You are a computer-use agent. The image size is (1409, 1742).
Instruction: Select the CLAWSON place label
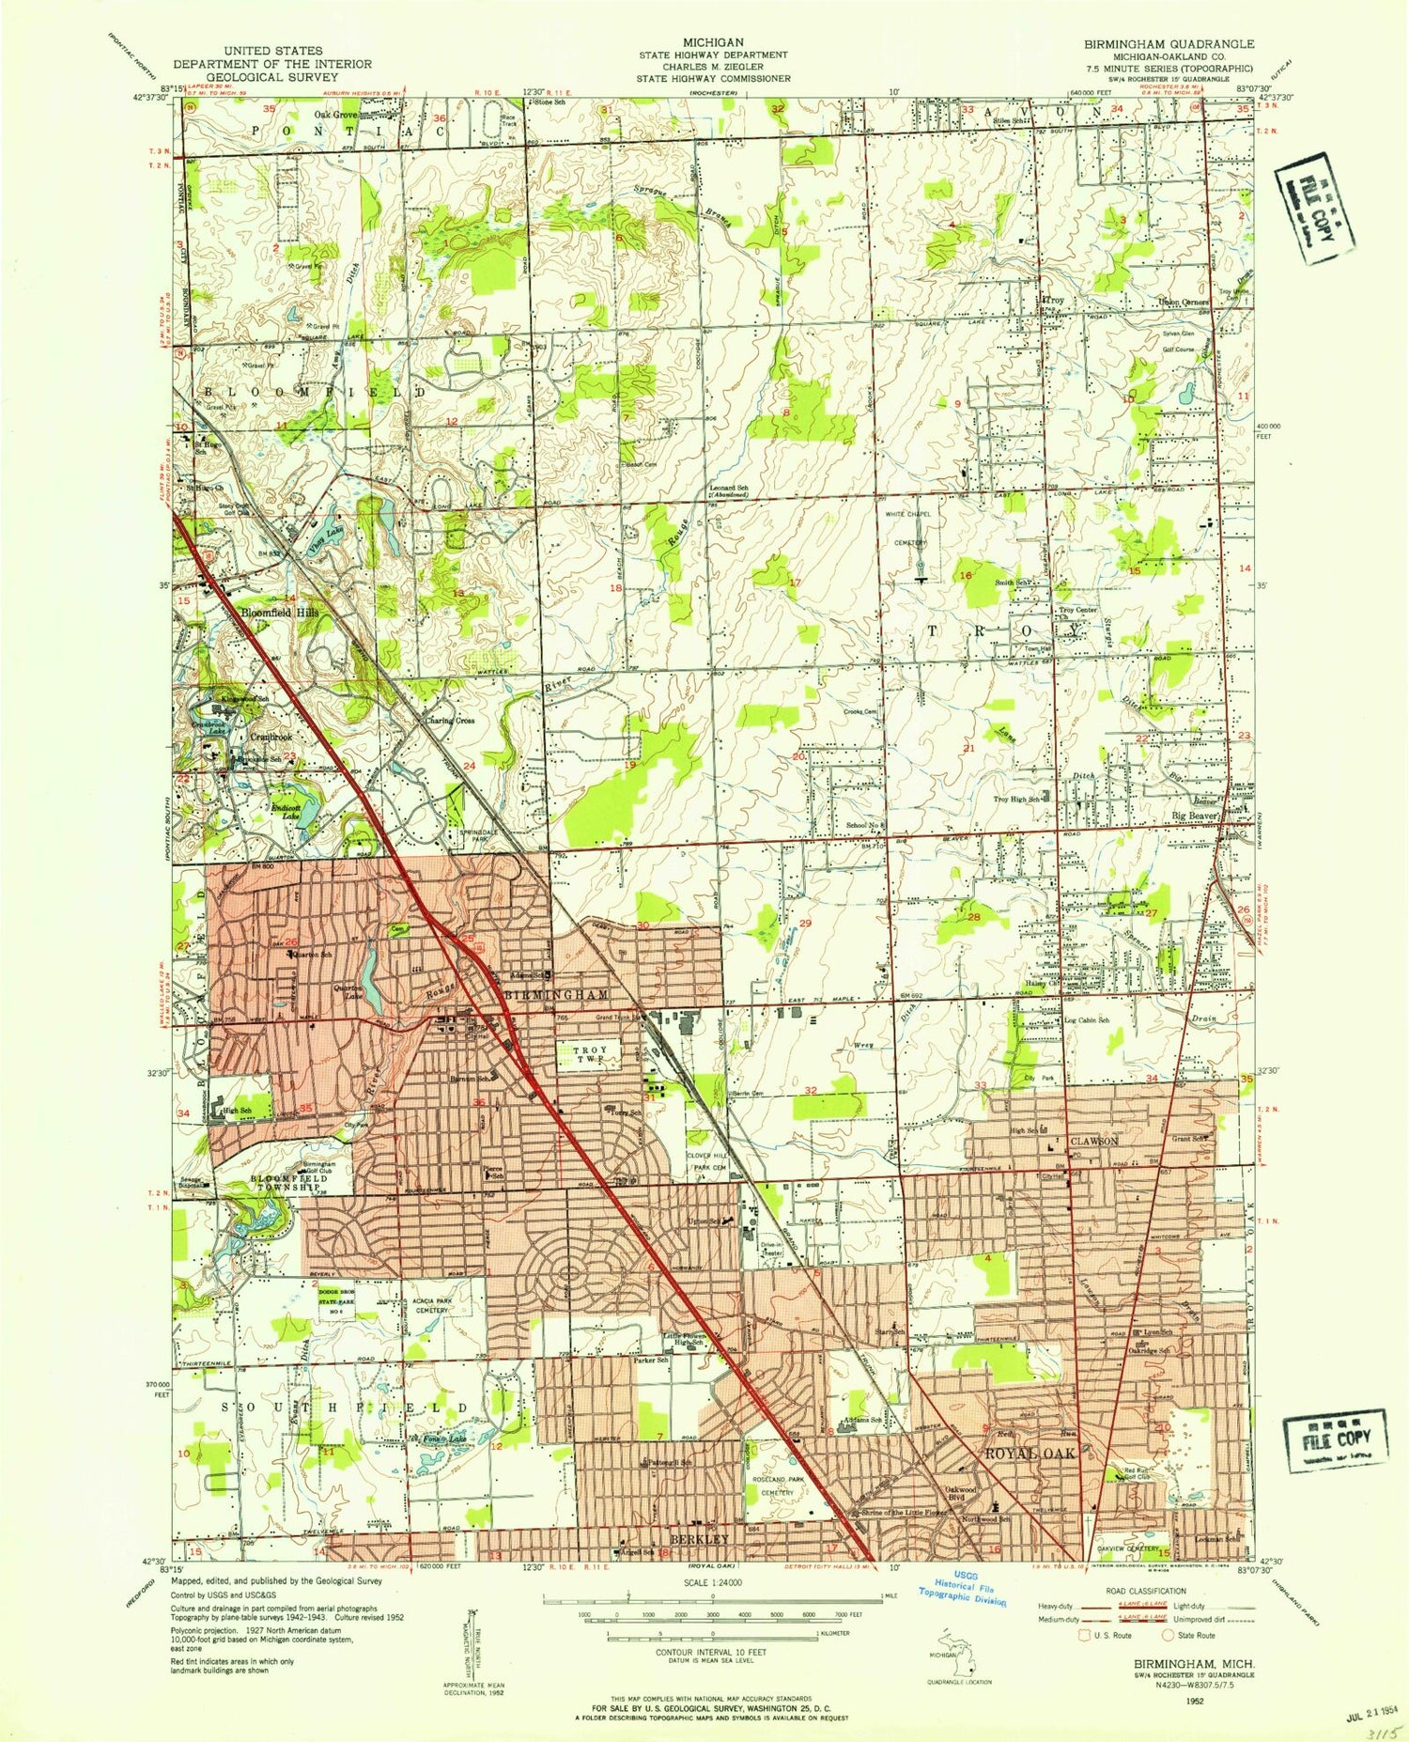click(1093, 1141)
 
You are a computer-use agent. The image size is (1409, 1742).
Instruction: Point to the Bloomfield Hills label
click(280, 613)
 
